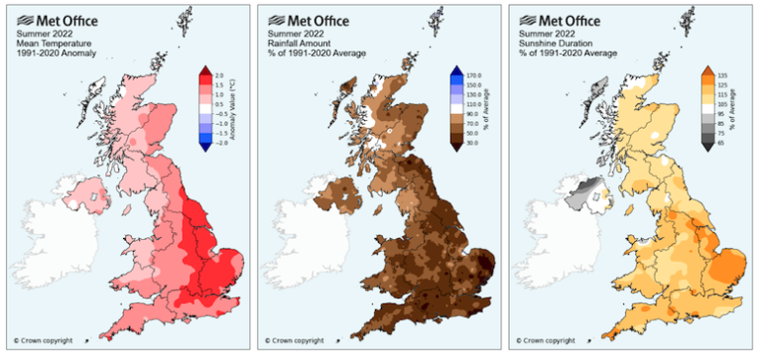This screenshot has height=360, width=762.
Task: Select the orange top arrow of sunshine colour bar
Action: pos(707,70)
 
